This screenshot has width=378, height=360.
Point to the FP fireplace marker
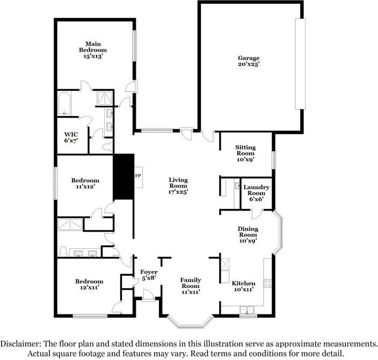coord(137,176)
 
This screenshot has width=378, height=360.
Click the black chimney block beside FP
coord(123,177)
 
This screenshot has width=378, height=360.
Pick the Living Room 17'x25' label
coord(178,185)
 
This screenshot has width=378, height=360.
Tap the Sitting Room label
coord(245,153)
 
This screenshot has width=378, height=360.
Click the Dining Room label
coord(248,234)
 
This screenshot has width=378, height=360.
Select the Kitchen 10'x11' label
coord(243,286)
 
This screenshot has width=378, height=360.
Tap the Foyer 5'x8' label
coord(148,275)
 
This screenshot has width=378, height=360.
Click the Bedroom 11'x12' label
coord(86,183)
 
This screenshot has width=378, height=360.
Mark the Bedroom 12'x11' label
coord(89,284)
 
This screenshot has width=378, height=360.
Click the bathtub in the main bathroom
coord(65,104)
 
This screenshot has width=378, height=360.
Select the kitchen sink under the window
coord(248,310)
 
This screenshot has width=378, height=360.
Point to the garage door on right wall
coord(300,63)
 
